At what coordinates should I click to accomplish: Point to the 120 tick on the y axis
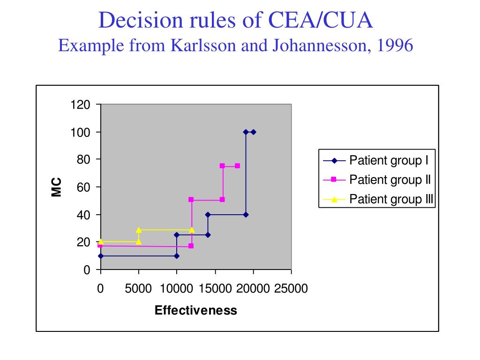point(80,105)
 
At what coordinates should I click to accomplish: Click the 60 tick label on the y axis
point(83,187)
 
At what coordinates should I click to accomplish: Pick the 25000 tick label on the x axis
point(291,289)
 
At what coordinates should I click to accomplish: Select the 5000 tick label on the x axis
point(138,289)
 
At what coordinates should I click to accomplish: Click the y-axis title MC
point(57,187)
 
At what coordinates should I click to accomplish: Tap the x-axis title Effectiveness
point(196,310)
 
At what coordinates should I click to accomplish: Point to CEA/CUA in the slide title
point(321,21)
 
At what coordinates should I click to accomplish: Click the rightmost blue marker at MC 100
point(253,132)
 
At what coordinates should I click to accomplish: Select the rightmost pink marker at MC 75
point(237,166)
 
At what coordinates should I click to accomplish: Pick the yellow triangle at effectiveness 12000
point(192,230)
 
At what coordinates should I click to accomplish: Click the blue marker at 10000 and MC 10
point(177,256)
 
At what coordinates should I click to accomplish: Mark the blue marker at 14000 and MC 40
point(208,215)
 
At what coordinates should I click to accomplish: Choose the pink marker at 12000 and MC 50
point(191,200)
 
